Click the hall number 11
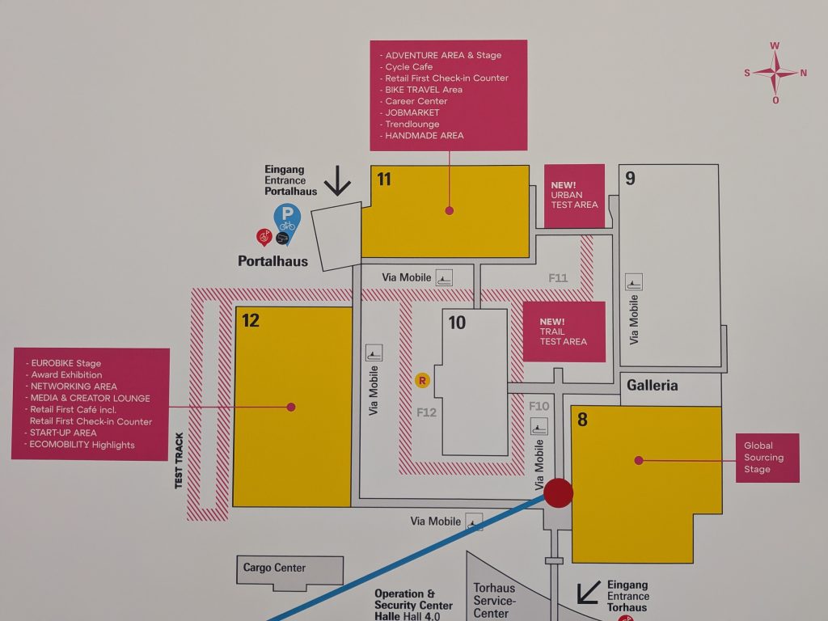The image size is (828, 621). click(384, 180)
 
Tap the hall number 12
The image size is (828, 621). click(251, 320)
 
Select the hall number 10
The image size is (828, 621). click(457, 323)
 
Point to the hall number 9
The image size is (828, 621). click(630, 179)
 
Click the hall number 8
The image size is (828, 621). click(582, 420)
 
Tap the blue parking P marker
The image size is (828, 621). click(287, 220)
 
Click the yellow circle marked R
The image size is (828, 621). click(422, 380)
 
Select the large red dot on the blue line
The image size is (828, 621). click(558, 492)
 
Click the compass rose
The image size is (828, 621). click(775, 73)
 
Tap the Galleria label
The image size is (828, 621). click(653, 386)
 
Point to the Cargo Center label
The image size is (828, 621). click(274, 568)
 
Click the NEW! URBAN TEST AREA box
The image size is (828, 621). click(574, 196)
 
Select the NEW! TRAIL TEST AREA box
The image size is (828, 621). click(564, 332)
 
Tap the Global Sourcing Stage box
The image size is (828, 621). click(767, 458)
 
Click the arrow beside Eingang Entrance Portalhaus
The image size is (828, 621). click(337, 180)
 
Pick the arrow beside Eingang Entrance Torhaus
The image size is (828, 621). click(589, 592)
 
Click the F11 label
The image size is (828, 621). click(558, 278)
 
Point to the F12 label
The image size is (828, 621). click(427, 412)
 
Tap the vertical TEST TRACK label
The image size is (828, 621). click(179, 460)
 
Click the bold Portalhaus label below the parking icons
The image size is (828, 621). click(273, 261)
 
